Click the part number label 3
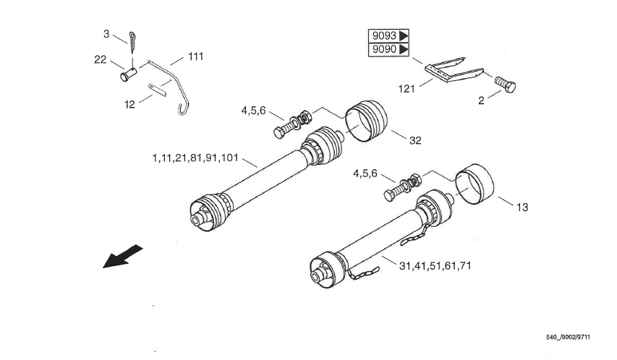[x=106, y=34]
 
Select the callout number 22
[x=101, y=59]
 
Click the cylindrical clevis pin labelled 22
[x=128, y=74]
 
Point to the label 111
[x=195, y=56]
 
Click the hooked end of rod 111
[x=184, y=109]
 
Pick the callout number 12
[x=129, y=105]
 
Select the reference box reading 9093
[x=388, y=36]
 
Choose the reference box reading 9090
[x=388, y=50]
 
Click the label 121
[x=407, y=89]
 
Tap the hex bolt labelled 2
[x=505, y=84]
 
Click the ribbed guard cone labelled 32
[x=366, y=121]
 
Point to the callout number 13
[x=522, y=207]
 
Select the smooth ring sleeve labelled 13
[x=475, y=184]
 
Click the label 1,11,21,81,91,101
[x=195, y=158]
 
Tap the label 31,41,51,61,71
[x=435, y=266]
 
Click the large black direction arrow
[x=122, y=257]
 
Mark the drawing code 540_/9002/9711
[x=569, y=337]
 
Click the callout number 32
[x=415, y=140]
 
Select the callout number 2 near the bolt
[x=481, y=100]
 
